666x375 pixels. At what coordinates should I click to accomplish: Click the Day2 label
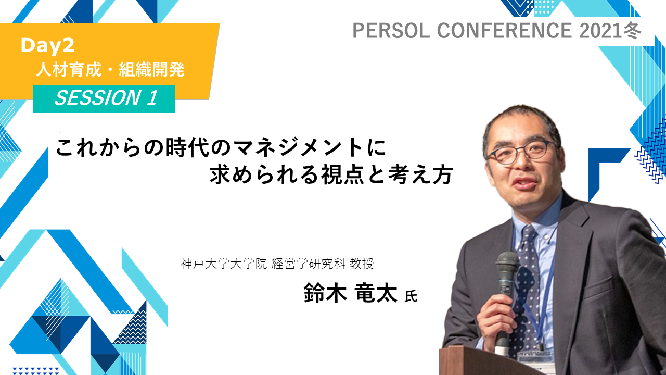coord(47,45)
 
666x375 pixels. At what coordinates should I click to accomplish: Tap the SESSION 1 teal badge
coord(104,99)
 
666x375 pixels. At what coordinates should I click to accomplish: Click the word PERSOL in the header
coord(391,31)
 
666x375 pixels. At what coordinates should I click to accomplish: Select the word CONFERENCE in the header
coord(504,31)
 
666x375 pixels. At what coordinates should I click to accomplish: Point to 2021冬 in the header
coord(610,31)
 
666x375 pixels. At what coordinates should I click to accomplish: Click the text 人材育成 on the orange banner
coord(69,70)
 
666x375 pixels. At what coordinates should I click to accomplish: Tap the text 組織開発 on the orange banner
coord(151,70)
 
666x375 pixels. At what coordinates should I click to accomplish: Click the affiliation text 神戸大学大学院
coord(224,264)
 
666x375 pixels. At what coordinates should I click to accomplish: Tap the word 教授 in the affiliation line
coord(362,264)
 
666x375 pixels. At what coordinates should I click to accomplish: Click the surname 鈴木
coord(326,293)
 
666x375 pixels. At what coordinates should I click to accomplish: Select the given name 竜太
coord(376,293)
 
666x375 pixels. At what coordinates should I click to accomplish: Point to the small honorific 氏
coord(411,296)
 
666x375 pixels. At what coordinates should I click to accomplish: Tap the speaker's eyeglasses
coord(522,152)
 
